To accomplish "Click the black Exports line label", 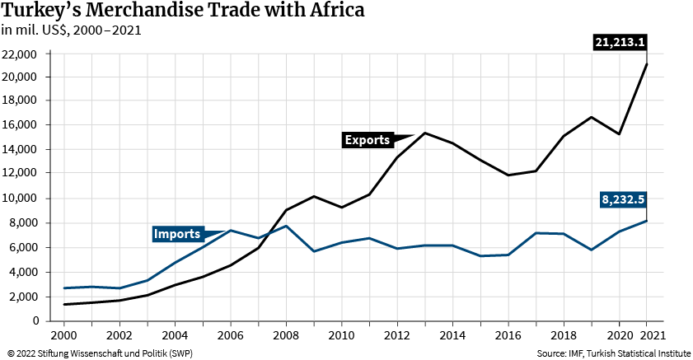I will pos(367,140).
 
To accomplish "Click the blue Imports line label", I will pos(177,235).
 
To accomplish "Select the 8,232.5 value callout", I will pos(622,199).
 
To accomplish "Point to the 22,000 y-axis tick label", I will pos(21,54).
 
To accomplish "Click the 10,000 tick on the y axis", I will pos(21,199).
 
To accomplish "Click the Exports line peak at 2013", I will pos(424,133).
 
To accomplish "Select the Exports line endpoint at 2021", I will pos(646,64).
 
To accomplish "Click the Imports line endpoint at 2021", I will pos(646,221).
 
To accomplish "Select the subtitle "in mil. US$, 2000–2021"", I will pos(71,30).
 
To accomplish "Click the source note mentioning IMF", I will pos(613,353).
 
